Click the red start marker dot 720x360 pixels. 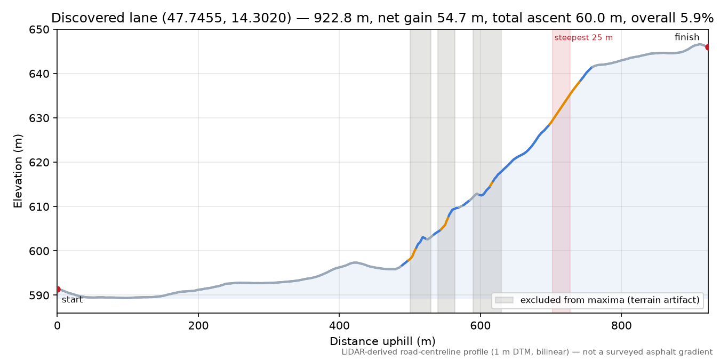pyautogui.click(x=58, y=289)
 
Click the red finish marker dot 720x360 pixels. pyautogui.click(x=707, y=47)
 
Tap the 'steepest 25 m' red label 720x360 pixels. pyautogui.click(x=583, y=38)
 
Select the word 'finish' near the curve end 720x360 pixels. pyautogui.click(x=687, y=37)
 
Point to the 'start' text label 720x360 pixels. pyautogui.click(x=73, y=300)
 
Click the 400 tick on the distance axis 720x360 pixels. pyautogui.click(x=339, y=326)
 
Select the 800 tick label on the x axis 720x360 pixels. pyautogui.click(x=621, y=326)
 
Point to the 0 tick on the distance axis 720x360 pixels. pyautogui.click(x=57, y=326)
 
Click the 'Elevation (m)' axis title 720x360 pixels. pyautogui.click(x=18, y=171)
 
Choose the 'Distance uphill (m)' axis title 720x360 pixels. pyautogui.click(x=382, y=341)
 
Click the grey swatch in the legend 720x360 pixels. pyautogui.click(x=504, y=300)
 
